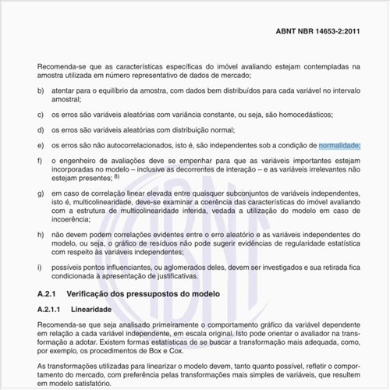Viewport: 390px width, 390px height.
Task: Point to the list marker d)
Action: (41, 130)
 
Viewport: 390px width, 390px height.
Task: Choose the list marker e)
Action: (41, 145)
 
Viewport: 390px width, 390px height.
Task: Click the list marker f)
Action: (41, 161)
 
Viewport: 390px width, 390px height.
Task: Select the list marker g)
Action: (41, 191)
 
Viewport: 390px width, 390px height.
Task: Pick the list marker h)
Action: (41, 235)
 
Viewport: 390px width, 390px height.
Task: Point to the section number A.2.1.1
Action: (53, 309)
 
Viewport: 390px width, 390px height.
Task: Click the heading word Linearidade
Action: (92, 309)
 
